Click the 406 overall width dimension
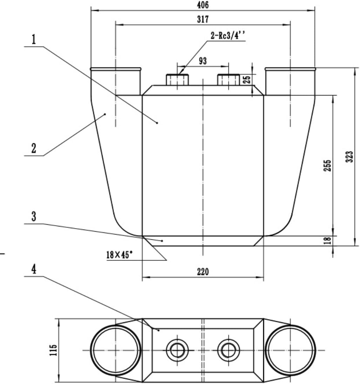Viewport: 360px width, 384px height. pyautogui.click(x=203, y=5)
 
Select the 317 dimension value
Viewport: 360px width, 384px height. pyautogui.click(x=203, y=20)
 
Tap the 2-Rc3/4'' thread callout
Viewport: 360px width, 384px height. pyautogui.click(x=228, y=35)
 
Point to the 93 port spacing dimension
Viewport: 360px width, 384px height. pyautogui.click(x=203, y=61)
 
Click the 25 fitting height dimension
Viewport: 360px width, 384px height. pyautogui.click(x=247, y=79)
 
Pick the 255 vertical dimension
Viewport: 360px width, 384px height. pyautogui.click(x=327, y=166)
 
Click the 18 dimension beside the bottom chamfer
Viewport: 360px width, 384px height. pyautogui.click(x=327, y=241)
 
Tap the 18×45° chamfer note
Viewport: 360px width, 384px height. pyautogui.click(x=120, y=255)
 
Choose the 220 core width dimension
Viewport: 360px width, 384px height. pyautogui.click(x=203, y=272)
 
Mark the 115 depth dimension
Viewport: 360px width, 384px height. pyautogui.click(x=53, y=350)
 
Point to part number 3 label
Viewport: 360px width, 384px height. pyautogui.click(x=34, y=217)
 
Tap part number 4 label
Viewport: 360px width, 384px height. pyautogui.click(x=34, y=270)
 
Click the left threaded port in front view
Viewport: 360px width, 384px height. pyautogui.click(x=177, y=80)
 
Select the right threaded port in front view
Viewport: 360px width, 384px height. pyautogui.click(x=228, y=80)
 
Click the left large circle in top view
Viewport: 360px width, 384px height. pyautogui.click(x=116, y=350)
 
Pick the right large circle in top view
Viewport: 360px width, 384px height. pyautogui.click(x=290, y=350)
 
